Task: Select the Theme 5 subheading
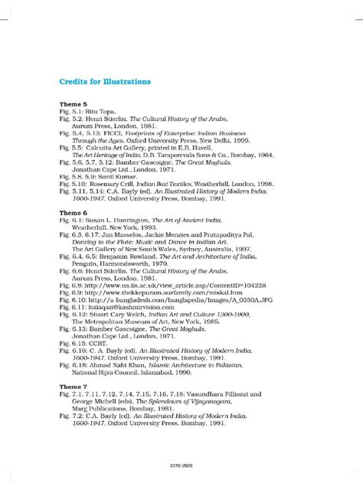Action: (74, 103)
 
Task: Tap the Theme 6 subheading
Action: (74, 210)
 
